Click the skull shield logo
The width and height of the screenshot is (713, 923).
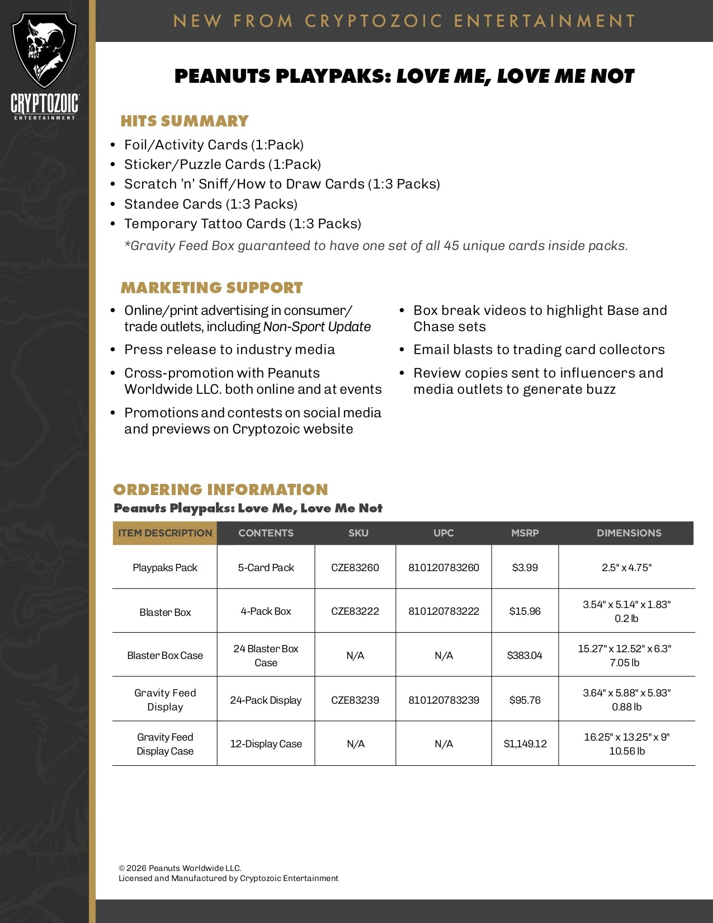coord(44,50)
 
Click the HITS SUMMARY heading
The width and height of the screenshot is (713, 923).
coord(185,121)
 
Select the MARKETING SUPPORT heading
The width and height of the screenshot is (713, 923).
coord(211,288)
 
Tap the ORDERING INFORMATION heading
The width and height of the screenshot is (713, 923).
coord(220,489)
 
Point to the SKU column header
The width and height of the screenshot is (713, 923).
coord(358,533)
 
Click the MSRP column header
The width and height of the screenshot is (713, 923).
coord(525,533)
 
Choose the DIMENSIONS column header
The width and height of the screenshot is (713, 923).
coord(629,533)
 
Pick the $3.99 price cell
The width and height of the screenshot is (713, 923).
coord(525,567)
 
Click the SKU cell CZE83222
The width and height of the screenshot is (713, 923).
coord(355,611)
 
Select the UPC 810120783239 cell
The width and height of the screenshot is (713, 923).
coord(443,700)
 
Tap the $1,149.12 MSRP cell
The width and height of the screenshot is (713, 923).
coord(525,744)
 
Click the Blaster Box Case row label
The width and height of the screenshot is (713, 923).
coord(165,656)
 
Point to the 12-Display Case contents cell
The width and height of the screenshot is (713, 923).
coord(266,744)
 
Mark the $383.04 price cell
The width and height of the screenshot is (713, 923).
coord(525,656)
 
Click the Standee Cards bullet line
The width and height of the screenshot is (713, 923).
coord(210,204)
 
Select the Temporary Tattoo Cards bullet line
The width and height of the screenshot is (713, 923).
coord(242,224)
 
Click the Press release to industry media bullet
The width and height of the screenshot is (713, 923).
coord(229,350)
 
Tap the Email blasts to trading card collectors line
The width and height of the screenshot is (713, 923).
coord(539,350)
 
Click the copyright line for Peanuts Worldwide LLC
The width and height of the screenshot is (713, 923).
coord(180,868)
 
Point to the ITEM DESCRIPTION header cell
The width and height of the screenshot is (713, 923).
coord(165,533)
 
